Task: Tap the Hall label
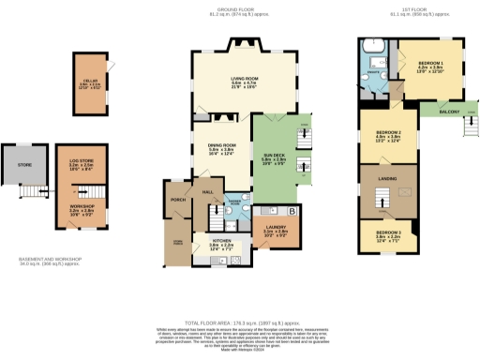point(208,191)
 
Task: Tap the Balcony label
point(448,112)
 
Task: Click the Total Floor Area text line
point(239,321)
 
